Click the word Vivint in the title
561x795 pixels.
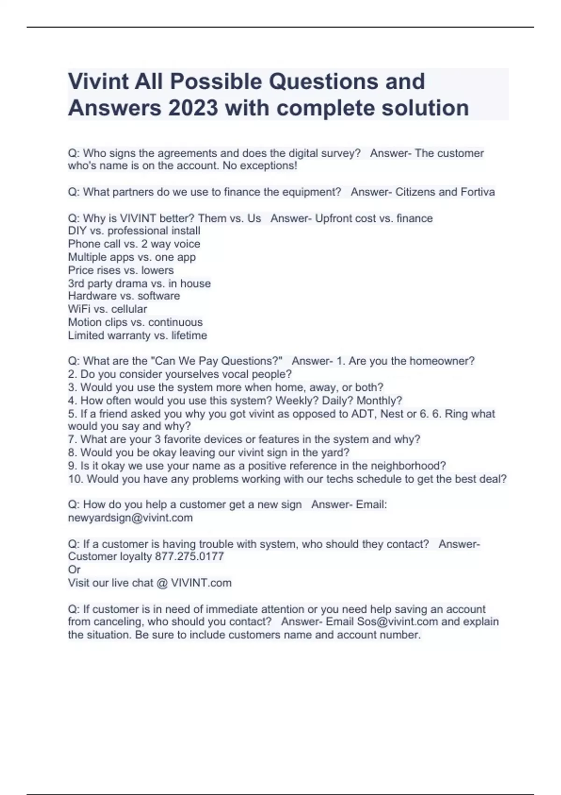click(x=98, y=81)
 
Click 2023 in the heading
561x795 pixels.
click(x=193, y=108)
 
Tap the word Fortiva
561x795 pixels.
click(x=477, y=192)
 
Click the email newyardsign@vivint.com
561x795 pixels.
click(x=130, y=518)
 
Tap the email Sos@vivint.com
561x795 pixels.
click(x=397, y=622)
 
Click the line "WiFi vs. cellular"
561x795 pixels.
click(x=108, y=309)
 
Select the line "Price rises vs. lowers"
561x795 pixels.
click(x=121, y=270)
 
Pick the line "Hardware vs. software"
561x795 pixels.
click(x=124, y=296)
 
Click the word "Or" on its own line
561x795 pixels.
click(x=74, y=570)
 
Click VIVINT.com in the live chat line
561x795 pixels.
click(x=201, y=583)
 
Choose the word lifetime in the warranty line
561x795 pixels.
click(x=189, y=335)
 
